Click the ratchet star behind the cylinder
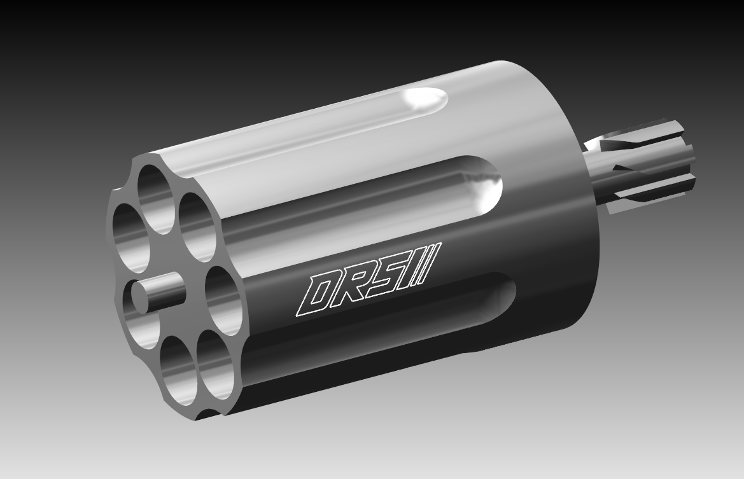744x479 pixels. [643, 162]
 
